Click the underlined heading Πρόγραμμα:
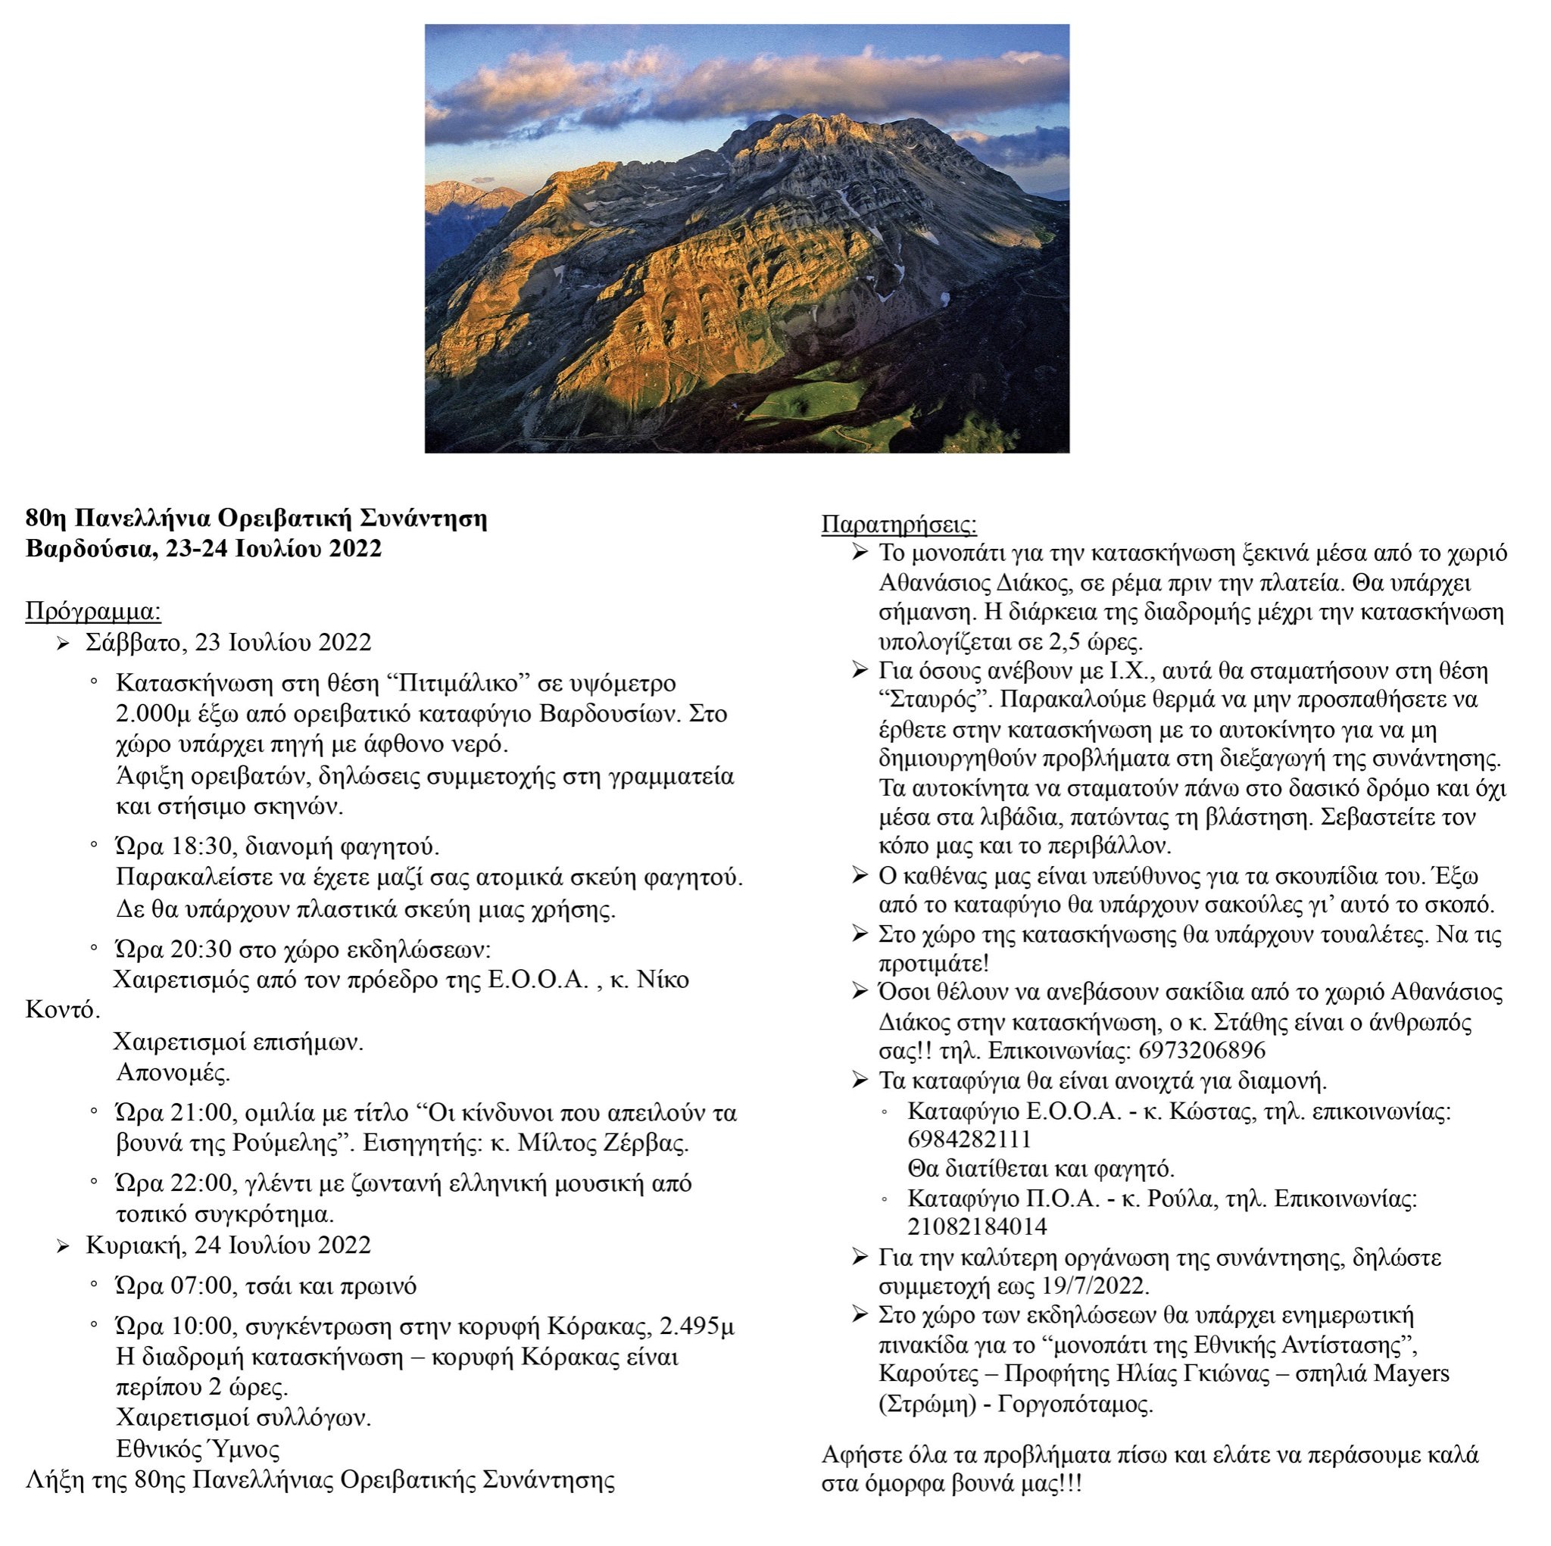tap(93, 612)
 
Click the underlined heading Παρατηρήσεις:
tap(898, 525)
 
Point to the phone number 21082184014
tap(977, 1227)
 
